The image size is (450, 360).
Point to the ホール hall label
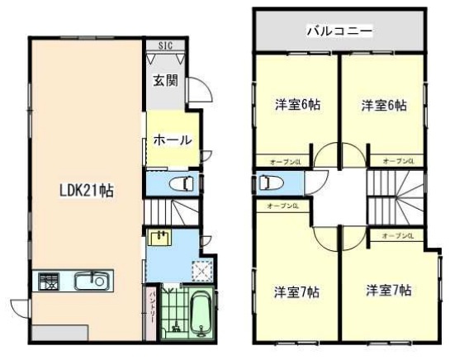173,140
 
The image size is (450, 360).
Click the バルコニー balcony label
339,32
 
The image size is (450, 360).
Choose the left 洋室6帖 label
297,105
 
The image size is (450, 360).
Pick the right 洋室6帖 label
384,105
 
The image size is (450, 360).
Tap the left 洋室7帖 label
297,291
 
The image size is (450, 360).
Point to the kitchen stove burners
45,282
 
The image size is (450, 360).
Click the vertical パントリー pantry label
154,307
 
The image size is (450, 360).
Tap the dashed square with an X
201,268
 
